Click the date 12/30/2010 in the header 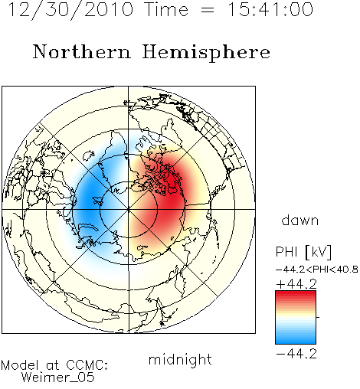(70, 10)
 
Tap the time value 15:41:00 (270, 9)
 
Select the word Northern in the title (82, 51)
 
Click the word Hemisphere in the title (206, 53)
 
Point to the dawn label (300, 221)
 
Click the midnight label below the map (180, 360)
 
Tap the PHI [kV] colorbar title (303, 252)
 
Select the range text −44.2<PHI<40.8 (317, 270)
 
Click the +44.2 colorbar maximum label (296, 284)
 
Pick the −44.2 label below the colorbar (296, 354)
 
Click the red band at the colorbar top (296, 295)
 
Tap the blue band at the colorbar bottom (296, 340)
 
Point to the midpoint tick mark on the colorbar (318, 317)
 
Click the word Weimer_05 (58, 378)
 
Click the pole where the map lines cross (129, 210)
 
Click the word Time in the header (166, 9)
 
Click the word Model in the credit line (20, 365)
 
